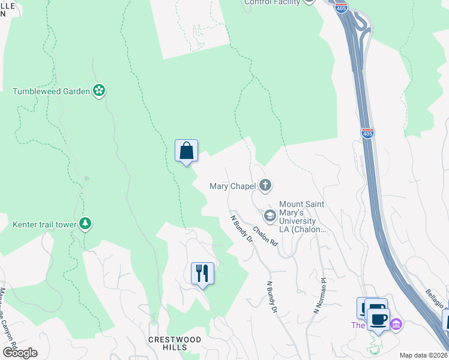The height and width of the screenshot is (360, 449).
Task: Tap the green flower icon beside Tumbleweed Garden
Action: coord(100,91)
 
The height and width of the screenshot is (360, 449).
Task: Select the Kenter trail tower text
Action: coord(44,225)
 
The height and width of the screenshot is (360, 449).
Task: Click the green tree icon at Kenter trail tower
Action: coord(86,224)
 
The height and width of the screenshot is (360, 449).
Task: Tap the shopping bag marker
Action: coord(186,150)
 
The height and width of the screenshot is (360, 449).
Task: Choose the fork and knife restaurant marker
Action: coord(202,273)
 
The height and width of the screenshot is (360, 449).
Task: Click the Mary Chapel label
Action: coord(233,186)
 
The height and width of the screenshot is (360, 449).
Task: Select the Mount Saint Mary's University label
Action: coord(302,217)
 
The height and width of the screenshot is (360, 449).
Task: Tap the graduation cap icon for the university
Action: coord(270,215)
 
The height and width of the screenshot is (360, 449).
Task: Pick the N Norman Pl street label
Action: coord(319,295)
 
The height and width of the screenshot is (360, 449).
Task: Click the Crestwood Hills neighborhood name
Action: coord(175,340)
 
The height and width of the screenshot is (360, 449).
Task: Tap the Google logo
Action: coord(20,353)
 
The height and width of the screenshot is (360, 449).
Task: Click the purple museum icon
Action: coord(396,325)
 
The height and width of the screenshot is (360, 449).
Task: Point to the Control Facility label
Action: coord(271,2)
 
